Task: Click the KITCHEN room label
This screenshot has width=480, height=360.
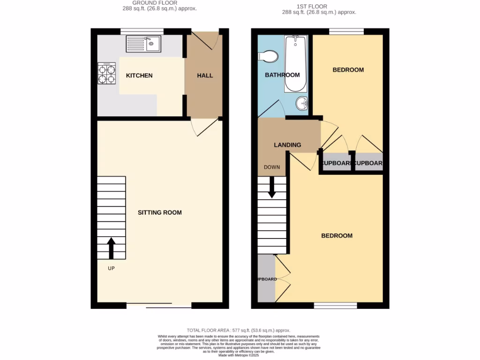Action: pos(139,75)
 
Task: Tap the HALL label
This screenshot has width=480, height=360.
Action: pos(205,75)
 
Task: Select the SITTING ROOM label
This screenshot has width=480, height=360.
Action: pos(159,212)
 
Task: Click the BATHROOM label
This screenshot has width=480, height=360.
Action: pos(282,75)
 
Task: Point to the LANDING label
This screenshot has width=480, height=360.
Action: pos(287,145)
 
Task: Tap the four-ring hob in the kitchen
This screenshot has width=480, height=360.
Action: pos(106,74)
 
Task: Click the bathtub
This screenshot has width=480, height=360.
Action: pos(296,64)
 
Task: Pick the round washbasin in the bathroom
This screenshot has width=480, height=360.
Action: pos(302,102)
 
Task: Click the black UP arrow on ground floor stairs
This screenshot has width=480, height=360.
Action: pos(112,248)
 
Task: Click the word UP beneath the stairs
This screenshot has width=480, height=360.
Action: pos(111,269)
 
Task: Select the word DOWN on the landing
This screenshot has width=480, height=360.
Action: pos(272,167)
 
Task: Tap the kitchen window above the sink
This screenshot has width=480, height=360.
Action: pos(142,31)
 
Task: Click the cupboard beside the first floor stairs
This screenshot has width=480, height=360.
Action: pos(266,279)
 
